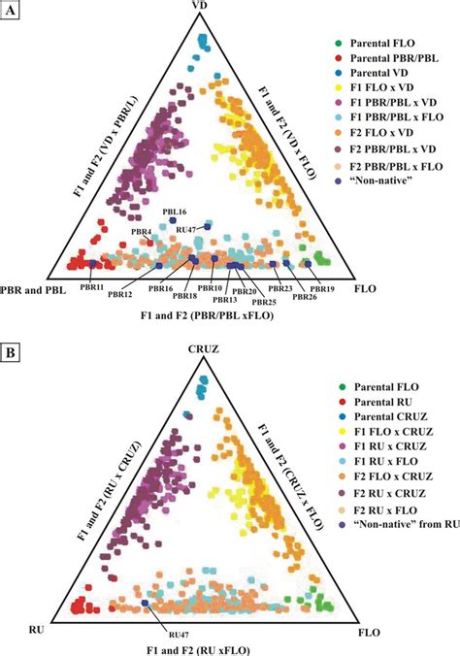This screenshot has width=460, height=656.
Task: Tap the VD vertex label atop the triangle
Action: (203, 9)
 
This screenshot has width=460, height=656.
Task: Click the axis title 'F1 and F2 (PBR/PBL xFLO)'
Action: (203, 317)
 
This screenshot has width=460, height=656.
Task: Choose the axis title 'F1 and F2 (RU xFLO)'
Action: (203, 647)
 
